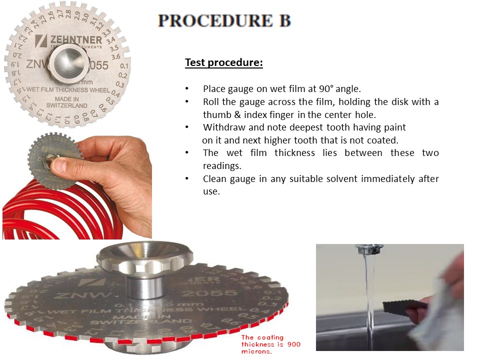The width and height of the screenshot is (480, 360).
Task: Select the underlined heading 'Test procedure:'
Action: click(223, 63)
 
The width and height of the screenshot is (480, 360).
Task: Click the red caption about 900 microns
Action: click(270, 345)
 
